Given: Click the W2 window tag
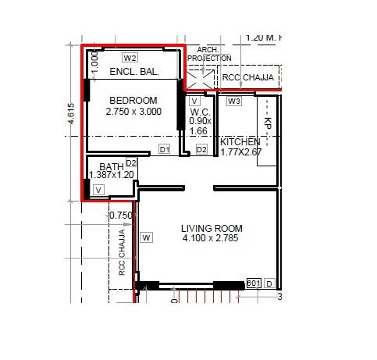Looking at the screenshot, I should coord(130,58).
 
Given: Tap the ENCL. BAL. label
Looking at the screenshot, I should coord(134,71).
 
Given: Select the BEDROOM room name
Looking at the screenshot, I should coord(133,101).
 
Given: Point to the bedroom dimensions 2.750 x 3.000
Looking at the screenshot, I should coord(133,112).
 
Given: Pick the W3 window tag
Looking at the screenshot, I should coord(234,101).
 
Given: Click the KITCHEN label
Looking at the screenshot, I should coord(240,142).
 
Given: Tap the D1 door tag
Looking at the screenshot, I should coord(165,148).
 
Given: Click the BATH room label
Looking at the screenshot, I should coord(112,166).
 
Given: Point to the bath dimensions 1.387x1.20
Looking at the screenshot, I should coord(111,176).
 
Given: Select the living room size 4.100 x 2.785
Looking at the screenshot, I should coord(211,238).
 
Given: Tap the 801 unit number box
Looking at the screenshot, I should coord(253,283).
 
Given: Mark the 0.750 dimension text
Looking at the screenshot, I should coord(121,216).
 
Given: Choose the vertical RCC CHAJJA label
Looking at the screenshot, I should coord(122,252).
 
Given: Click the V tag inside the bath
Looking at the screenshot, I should coord(98,189).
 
